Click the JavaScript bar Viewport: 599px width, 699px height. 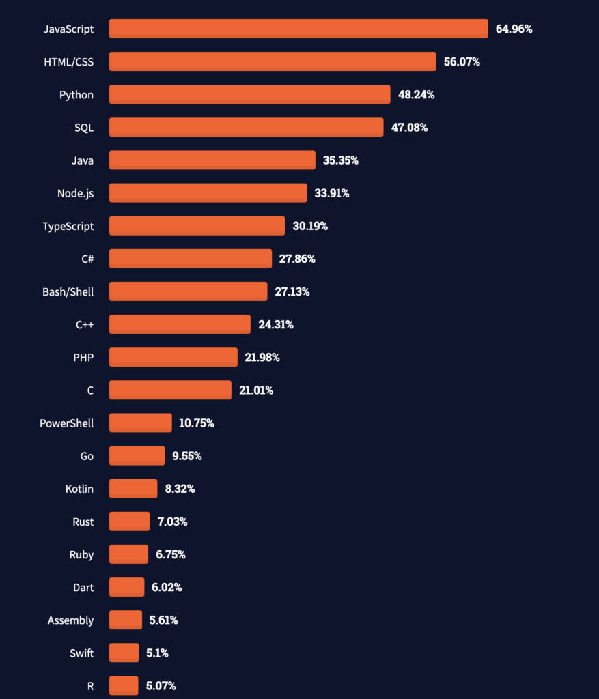pos(298,29)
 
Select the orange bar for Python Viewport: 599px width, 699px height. pos(249,94)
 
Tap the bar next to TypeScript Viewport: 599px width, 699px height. pos(197,226)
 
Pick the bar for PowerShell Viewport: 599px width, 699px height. pos(140,423)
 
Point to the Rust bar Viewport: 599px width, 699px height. pos(129,522)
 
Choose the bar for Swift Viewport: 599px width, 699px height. pos(124,653)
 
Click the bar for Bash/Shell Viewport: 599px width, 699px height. pos(188,291)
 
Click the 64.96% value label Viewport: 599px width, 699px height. pos(514,29)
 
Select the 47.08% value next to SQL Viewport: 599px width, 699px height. pos(409,128)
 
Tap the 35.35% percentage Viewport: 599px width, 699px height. pos(340,160)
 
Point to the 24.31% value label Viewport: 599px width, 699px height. pos(275,324)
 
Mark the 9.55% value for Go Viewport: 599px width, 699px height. pos(186,456)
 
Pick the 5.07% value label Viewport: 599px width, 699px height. pos(161,685)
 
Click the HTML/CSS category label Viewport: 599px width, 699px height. pos(68,62)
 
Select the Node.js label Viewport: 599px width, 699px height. pos(75,193)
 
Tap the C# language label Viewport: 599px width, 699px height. pos(87,259)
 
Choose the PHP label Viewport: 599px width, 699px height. pos(83,357)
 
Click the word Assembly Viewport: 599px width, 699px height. pos(70,620)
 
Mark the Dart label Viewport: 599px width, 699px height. pos(83,587)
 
